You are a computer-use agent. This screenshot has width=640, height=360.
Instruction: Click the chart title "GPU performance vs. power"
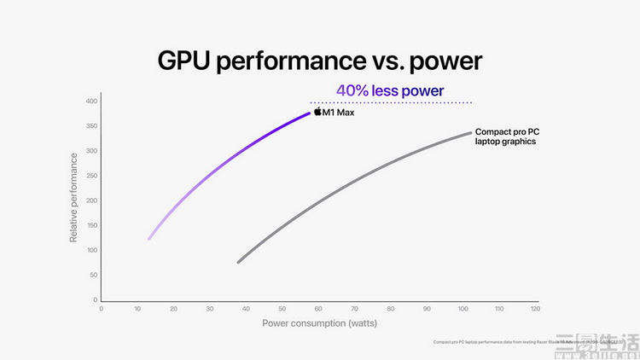[x=320, y=61]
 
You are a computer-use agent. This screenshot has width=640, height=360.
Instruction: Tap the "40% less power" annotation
[x=390, y=90]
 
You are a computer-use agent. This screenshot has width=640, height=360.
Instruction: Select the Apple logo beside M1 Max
[x=317, y=112]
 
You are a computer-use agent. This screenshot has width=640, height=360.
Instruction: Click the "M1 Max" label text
[x=338, y=113]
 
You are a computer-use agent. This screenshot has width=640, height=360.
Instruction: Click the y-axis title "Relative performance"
[x=73, y=197]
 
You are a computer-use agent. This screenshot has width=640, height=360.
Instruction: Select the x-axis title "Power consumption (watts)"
[x=320, y=322]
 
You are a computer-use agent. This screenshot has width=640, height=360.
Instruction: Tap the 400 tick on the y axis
[x=91, y=102]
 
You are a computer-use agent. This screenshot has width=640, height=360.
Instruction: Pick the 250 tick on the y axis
[x=91, y=176]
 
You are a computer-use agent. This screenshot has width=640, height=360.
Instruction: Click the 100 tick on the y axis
[x=91, y=251]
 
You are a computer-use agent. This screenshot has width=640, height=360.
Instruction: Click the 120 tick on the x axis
[x=535, y=309]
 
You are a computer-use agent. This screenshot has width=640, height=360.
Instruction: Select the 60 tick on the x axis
[x=318, y=309]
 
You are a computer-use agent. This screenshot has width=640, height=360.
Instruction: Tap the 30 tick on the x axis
[x=210, y=309]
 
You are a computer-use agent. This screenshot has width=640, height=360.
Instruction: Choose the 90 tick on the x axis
[x=427, y=309]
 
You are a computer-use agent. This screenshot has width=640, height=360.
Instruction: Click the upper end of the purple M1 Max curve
[x=308, y=113]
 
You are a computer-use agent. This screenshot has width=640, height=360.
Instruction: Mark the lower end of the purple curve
[x=149, y=238]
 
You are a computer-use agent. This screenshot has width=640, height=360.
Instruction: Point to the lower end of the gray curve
[x=239, y=261]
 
